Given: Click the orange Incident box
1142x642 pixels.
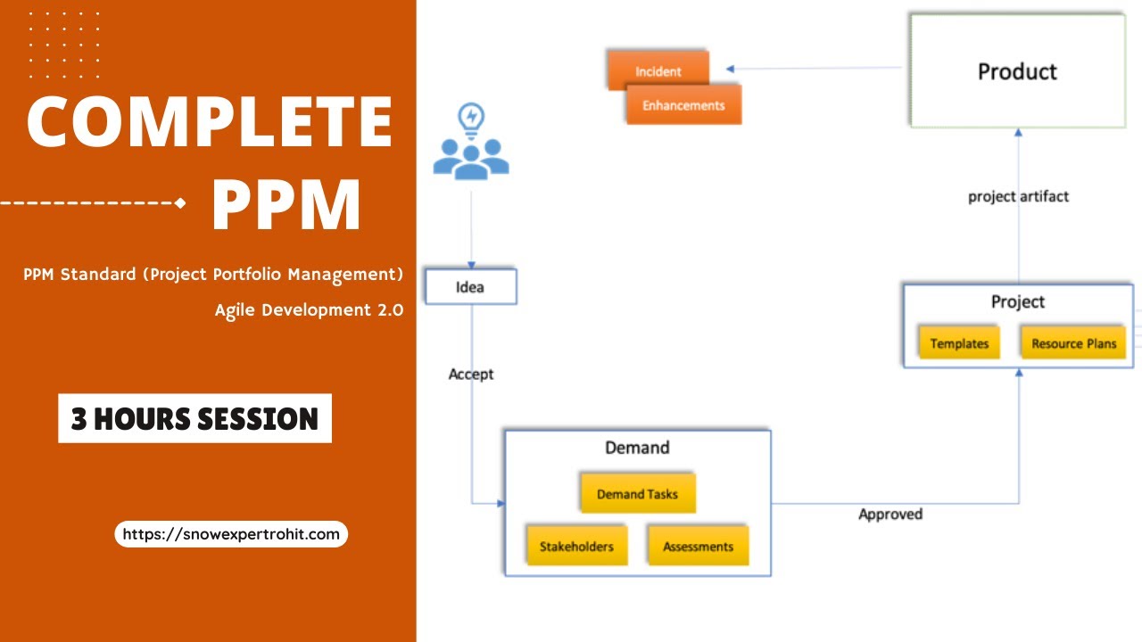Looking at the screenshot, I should [658, 71].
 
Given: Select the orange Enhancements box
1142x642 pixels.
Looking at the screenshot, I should [683, 105].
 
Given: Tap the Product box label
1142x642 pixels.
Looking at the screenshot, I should [1017, 72].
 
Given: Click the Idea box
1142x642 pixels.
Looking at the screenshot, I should [470, 287].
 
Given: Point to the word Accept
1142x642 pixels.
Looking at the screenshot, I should [471, 374].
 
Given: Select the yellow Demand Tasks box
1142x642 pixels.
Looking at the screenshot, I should [637, 494].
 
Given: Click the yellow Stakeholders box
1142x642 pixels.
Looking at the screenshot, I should [576, 547].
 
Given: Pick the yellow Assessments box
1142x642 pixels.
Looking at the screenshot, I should [698, 547].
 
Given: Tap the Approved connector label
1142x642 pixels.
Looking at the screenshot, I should [890, 514].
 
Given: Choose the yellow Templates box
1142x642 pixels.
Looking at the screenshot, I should [959, 343].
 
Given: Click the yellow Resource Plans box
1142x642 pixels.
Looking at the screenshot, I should [1073, 343].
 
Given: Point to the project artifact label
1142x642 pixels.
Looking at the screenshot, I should [1018, 197].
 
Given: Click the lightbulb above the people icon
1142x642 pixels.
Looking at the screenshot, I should [470, 117].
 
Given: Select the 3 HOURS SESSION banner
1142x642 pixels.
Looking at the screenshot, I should [194, 418].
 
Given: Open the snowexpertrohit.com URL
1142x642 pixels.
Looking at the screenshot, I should [231, 534].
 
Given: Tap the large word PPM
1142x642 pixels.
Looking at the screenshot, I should [285, 205].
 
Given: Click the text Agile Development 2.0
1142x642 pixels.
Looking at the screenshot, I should [309, 310].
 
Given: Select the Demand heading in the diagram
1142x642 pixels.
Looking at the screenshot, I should [637, 448].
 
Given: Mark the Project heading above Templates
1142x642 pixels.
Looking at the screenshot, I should [1018, 302].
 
